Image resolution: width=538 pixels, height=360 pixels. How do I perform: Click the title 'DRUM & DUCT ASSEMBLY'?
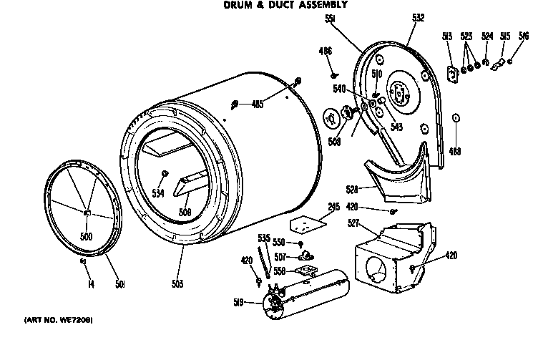coord(281,5)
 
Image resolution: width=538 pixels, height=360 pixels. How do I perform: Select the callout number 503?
coord(177,284)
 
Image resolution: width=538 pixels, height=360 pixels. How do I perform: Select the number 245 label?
coord(333,208)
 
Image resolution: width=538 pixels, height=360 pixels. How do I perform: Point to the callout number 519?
coord(238,303)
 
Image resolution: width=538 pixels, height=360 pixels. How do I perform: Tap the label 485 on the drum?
coord(258,104)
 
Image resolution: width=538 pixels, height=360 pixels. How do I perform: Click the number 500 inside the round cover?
coord(86,237)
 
